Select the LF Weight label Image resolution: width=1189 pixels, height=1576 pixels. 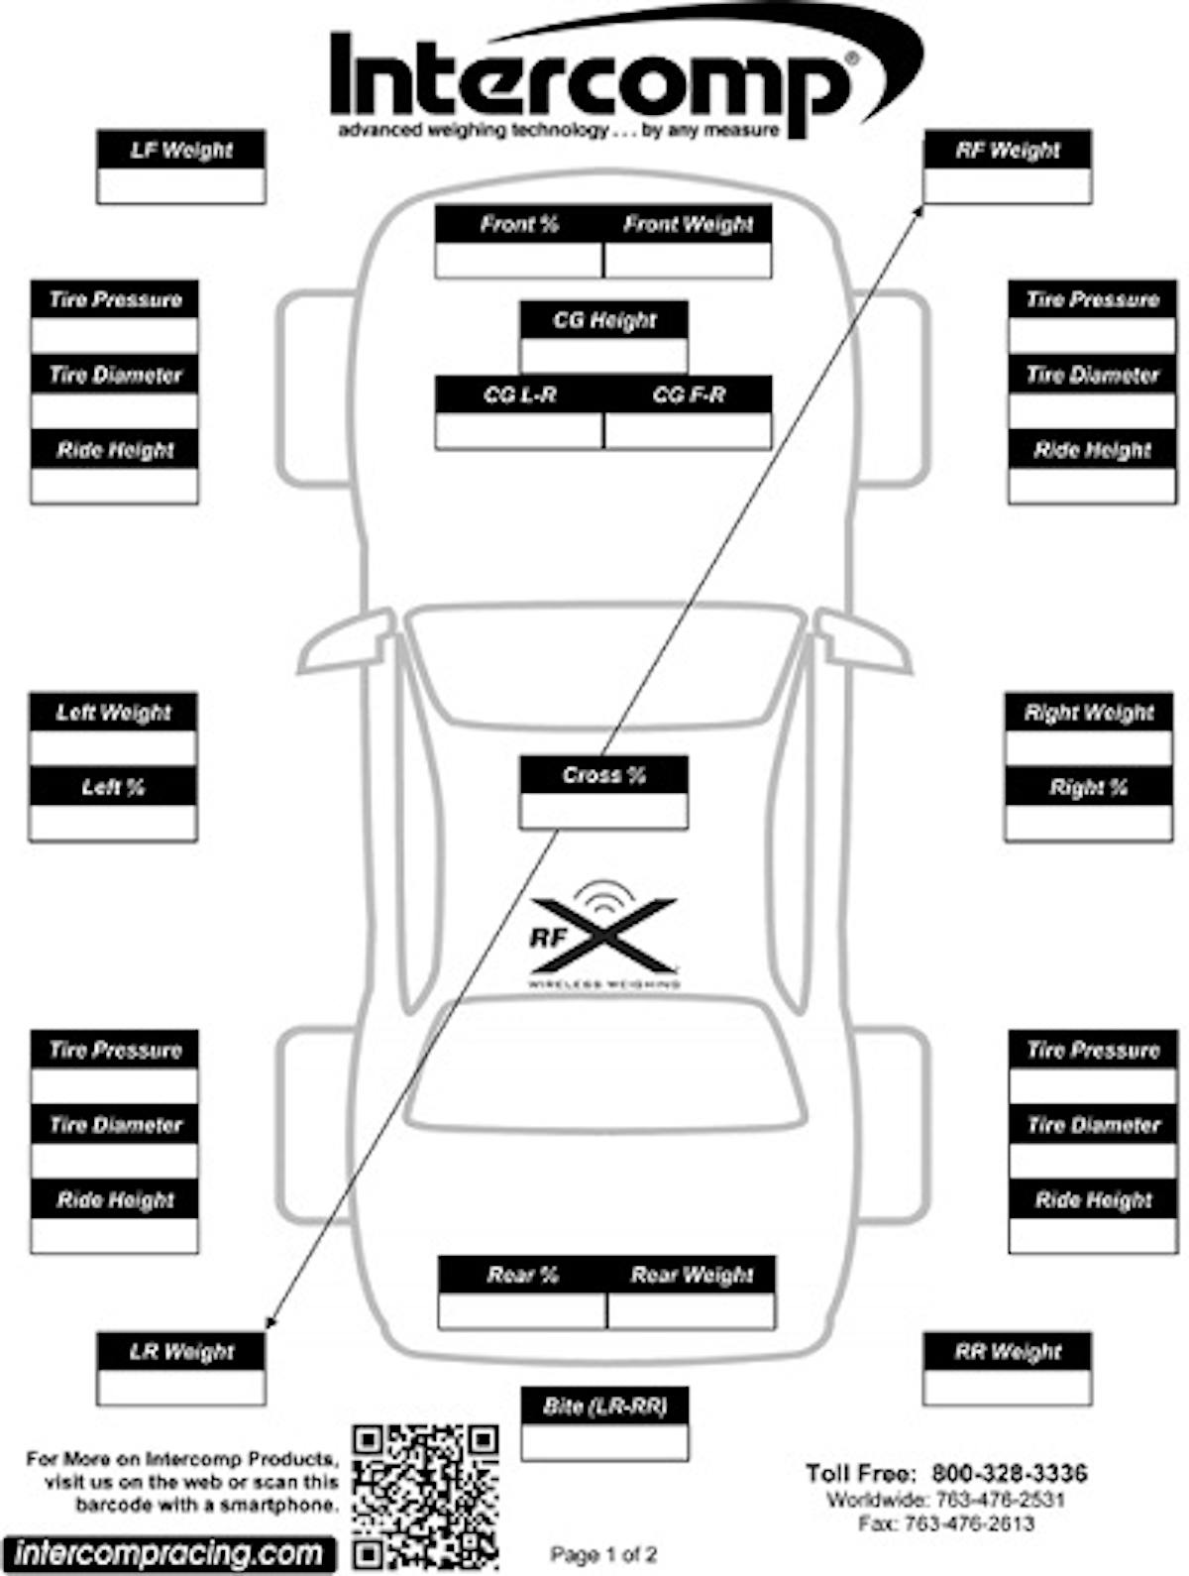[181, 151]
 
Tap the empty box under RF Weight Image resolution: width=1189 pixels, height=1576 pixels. [1007, 186]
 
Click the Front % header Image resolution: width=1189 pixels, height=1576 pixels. [519, 225]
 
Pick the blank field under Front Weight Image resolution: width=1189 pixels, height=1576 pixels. [688, 260]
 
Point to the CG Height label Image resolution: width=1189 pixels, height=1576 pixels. [603, 320]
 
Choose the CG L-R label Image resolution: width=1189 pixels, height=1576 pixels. [519, 394]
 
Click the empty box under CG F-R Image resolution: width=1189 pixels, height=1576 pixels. [688, 430]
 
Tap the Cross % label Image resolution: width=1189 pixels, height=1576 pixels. [603, 775]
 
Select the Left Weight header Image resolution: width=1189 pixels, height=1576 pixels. [113, 712]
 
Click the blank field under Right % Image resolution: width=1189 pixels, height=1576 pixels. [1088, 823]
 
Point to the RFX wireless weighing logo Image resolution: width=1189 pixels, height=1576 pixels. [602, 937]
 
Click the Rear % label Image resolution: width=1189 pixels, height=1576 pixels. [522, 1275]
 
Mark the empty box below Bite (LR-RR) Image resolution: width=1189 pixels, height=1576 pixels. [604, 1442]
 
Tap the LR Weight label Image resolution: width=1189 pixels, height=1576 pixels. [181, 1351]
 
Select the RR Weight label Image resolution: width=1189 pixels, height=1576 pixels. [1007, 1351]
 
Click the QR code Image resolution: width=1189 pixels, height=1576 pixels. [425, 1497]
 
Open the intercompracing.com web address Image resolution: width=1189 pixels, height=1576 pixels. [168, 1553]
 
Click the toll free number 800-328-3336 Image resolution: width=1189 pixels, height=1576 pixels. [1009, 1473]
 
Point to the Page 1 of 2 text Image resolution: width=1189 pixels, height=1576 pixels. [603, 1555]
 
